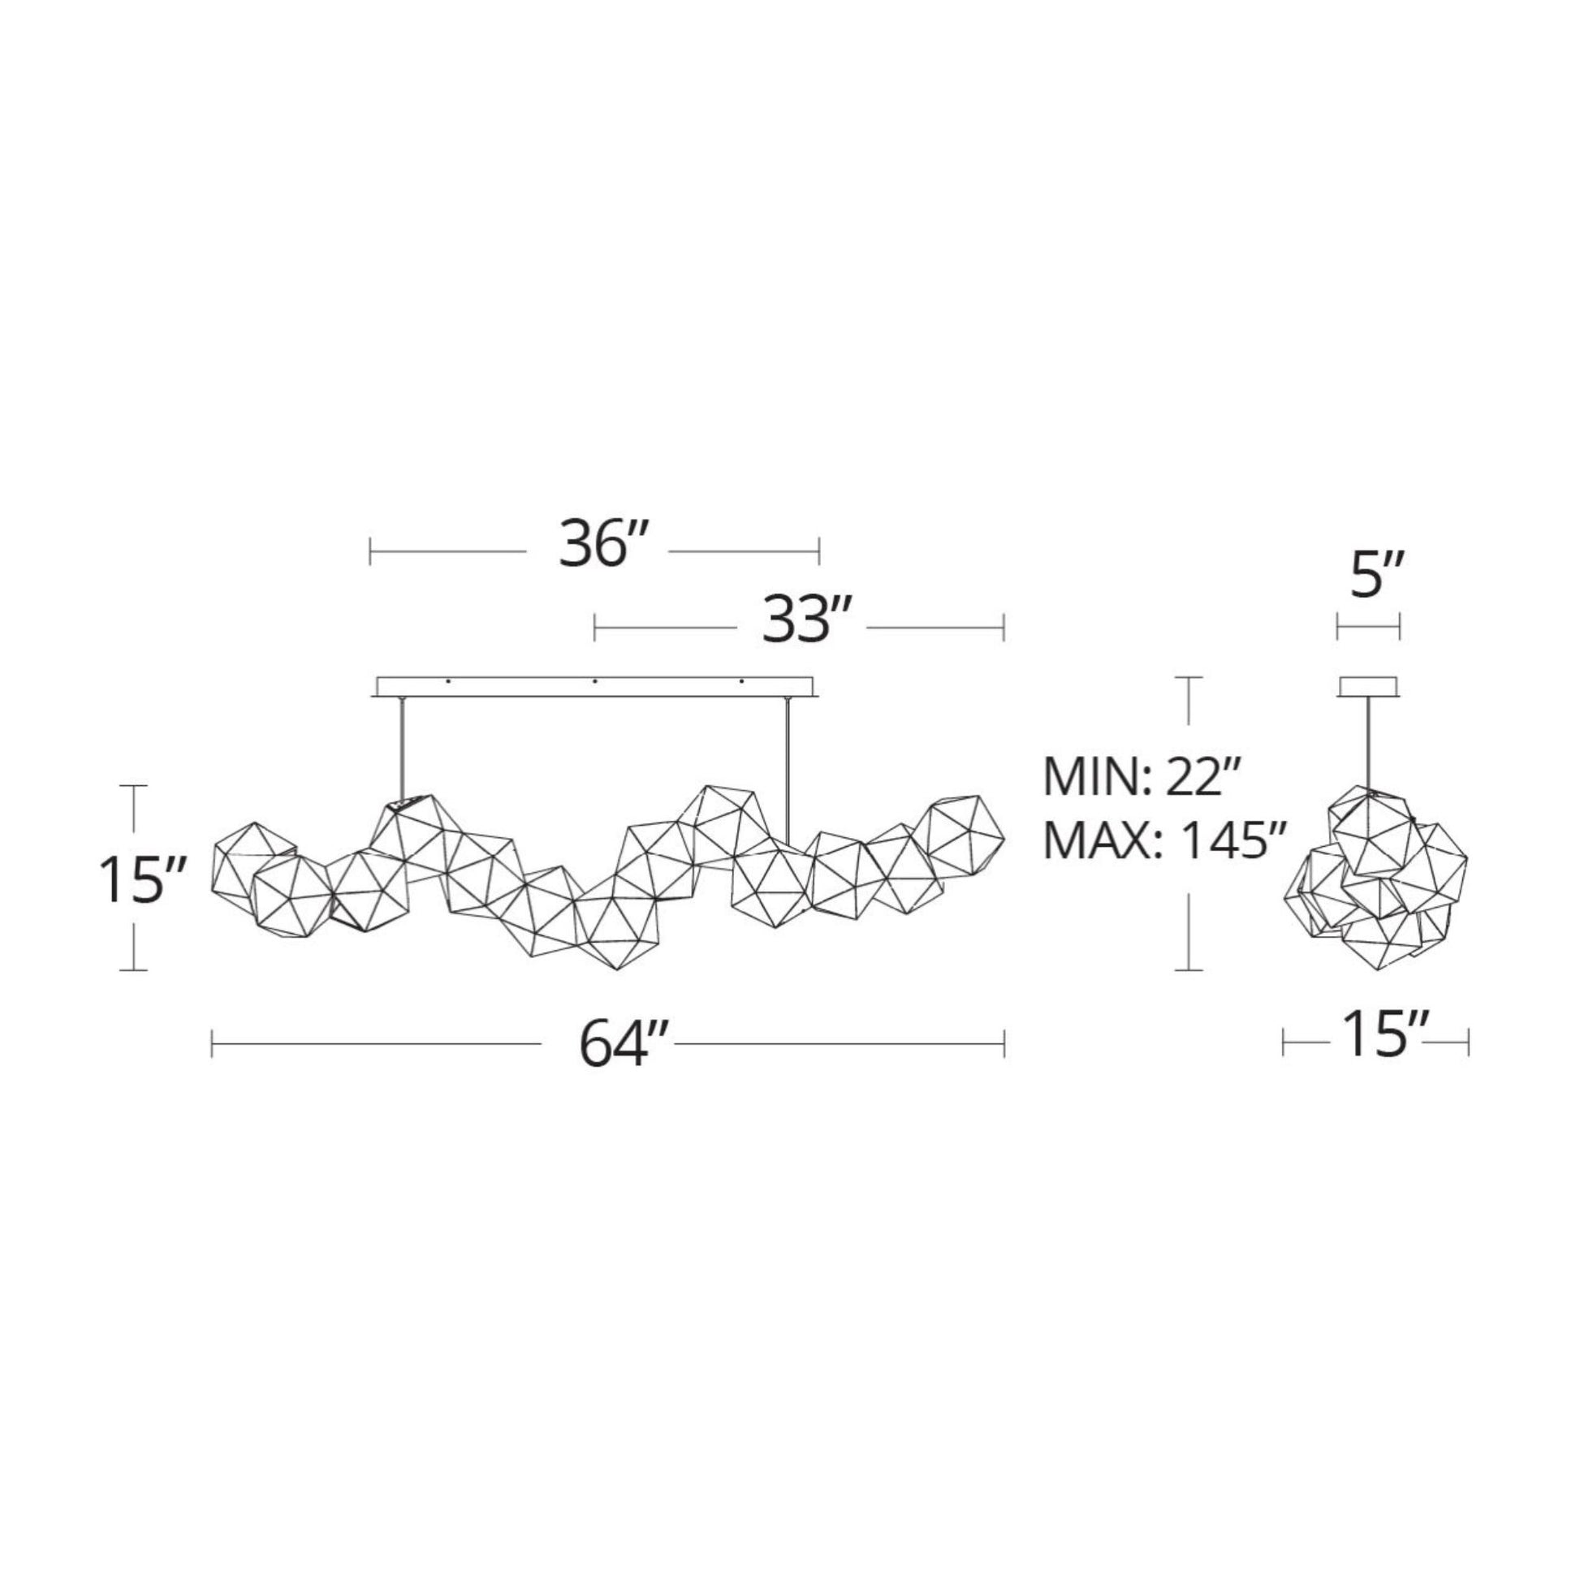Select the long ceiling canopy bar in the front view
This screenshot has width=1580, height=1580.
pyautogui.click(x=595, y=687)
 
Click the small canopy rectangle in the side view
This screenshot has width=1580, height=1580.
pyautogui.click(x=1367, y=687)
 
